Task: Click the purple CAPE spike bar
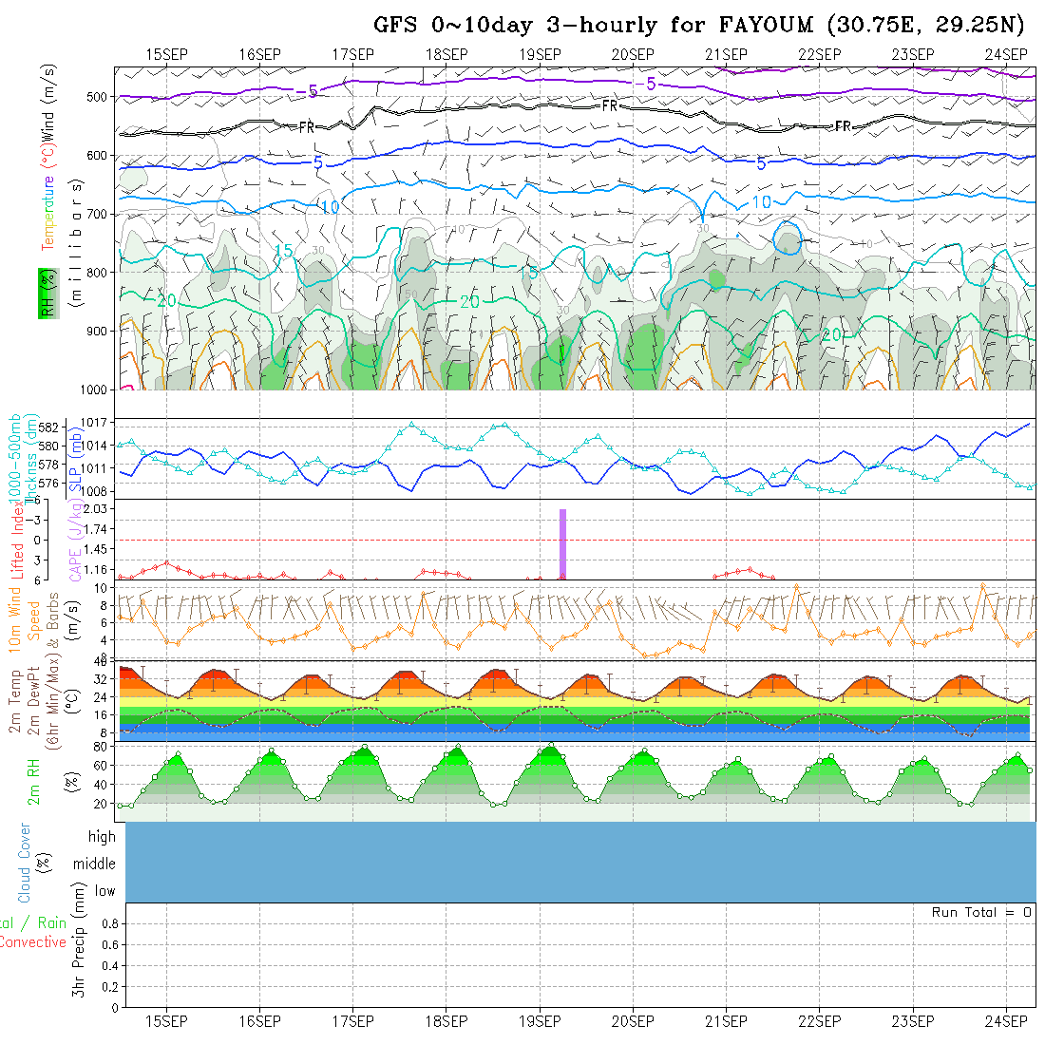pos(562,543)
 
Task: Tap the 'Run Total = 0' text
pos(981,912)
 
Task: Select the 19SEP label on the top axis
pos(540,54)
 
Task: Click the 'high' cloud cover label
pos(102,837)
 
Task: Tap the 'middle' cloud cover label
pos(95,864)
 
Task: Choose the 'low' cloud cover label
pos(104,891)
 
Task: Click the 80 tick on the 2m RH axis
pos(99,747)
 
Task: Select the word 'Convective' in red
pos(32,942)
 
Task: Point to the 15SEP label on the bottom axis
pos(166,1021)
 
